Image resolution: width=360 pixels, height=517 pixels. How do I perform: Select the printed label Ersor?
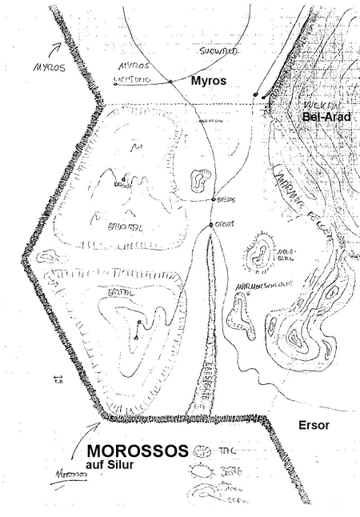click(x=312, y=426)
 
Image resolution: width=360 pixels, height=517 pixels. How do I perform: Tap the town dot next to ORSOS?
click(x=211, y=224)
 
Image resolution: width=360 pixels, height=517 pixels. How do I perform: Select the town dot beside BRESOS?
click(x=211, y=198)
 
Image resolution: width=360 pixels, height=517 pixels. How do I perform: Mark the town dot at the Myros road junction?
click(x=171, y=82)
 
